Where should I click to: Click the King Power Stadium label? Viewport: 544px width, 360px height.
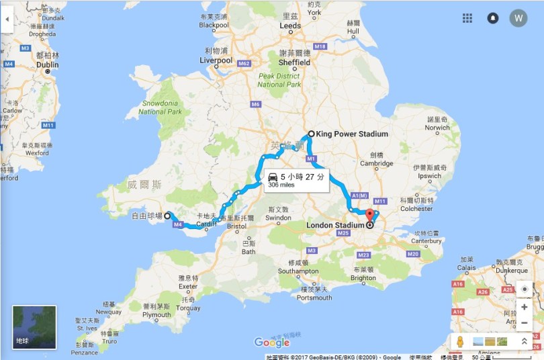coord(354,134)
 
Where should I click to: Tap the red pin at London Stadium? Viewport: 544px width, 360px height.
coord(369,216)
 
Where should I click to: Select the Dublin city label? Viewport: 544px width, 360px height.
coord(47,65)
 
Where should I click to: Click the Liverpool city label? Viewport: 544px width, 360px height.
coord(216,60)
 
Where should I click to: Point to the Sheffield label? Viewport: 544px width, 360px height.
coord(295,61)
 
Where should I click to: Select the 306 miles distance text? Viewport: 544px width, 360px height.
coord(281,185)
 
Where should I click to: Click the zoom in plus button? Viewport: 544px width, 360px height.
coord(524,308)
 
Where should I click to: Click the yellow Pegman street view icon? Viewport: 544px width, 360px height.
coord(459,341)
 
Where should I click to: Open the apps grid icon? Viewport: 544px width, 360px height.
coord(467,18)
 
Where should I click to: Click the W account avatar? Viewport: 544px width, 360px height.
coord(518,18)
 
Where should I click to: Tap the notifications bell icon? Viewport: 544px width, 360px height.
coord(492,18)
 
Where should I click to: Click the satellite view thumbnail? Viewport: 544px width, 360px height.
coord(34,327)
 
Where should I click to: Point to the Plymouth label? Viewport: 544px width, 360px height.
coord(157,314)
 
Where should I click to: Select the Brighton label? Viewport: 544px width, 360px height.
coord(363,277)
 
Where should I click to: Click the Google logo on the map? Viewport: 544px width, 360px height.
coord(272,343)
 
